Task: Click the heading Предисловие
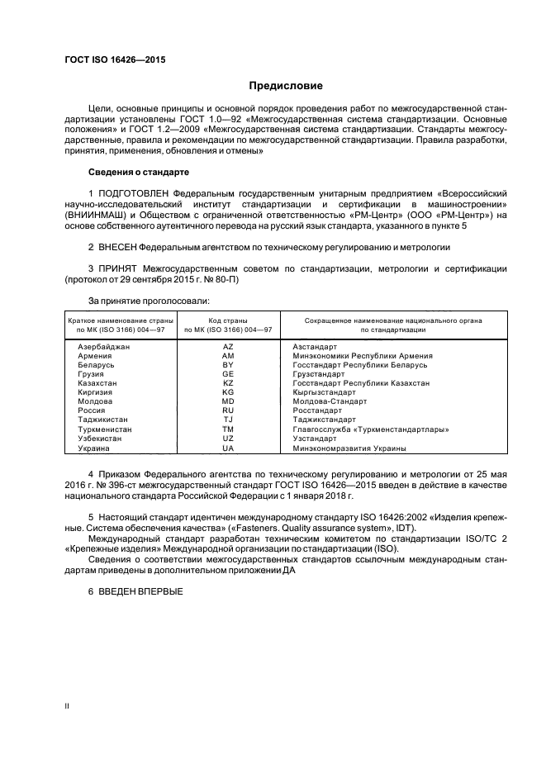tap(286, 86)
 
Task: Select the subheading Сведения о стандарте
tap(138, 172)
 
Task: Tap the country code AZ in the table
tap(228, 347)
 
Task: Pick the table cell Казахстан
tap(97, 383)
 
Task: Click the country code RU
tap(228, 410)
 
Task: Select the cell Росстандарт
tap(317, 410)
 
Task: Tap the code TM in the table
tap(228, 429)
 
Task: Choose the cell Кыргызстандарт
tap(324, 392)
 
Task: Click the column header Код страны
tap(228, 320)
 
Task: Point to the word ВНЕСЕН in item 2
tap(116, 247)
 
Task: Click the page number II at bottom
tap(67, 707)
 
